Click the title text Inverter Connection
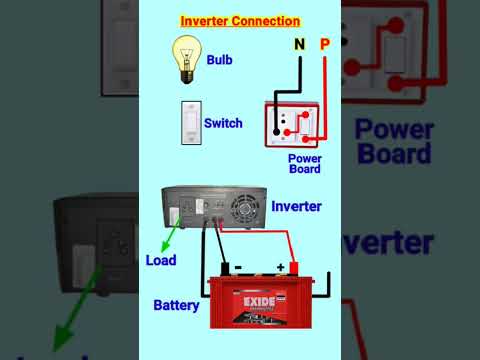[x=240, y=21]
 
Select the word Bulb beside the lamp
[x=220, y=60]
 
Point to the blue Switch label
[x=223, y=124]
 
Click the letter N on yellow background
[x=299, y=44]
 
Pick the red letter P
[x=324, y=44]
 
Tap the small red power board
[x=292, y=125]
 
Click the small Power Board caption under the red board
[x=304, y=164]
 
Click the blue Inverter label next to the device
[x=297, y=206]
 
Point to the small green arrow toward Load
[x=170, y=237]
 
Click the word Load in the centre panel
[x=161, y=261]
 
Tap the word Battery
[x=176, y=304]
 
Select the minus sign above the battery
[x=237, y=267]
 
